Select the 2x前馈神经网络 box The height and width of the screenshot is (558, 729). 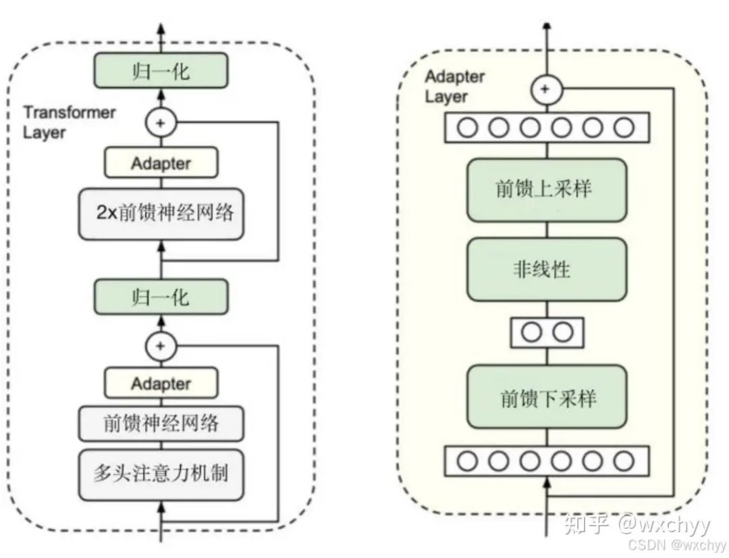point(161,214)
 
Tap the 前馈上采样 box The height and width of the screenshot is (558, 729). point(547,190)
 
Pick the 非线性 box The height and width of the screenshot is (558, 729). point(547,270)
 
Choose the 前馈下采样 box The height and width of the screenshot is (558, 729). point(547,397)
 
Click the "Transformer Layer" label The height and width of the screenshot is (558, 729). point(70,122)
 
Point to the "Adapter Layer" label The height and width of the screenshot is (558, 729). point(455,86)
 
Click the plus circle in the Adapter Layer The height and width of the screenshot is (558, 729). point(546,89)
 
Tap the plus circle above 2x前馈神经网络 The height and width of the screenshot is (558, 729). point(161,124)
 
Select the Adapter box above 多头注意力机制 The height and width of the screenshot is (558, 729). point(161,383)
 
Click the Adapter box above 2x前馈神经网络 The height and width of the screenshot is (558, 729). point(161,162)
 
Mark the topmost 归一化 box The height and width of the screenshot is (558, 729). point(161,71)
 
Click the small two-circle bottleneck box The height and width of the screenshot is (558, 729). point(547,333)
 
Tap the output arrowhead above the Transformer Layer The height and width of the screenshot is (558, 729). point(161,27)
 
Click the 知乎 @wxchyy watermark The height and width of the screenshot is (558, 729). point(637,525)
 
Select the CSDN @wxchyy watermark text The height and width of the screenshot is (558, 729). point(677,545)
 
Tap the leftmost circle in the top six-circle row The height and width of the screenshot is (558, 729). point(467,128)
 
